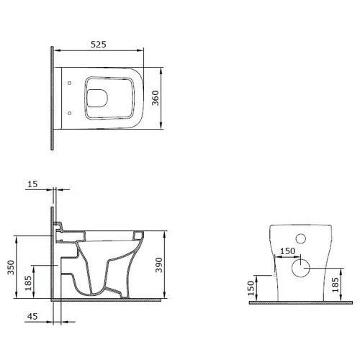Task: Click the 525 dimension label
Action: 99,45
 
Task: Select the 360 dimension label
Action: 156,98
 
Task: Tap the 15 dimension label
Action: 32,184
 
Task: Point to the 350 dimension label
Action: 11,267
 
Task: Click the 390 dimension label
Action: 159,265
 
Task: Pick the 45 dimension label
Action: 32,316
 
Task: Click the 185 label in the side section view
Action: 28,283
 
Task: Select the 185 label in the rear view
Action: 336,285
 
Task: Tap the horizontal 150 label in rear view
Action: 287,251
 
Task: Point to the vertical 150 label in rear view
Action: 251,288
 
